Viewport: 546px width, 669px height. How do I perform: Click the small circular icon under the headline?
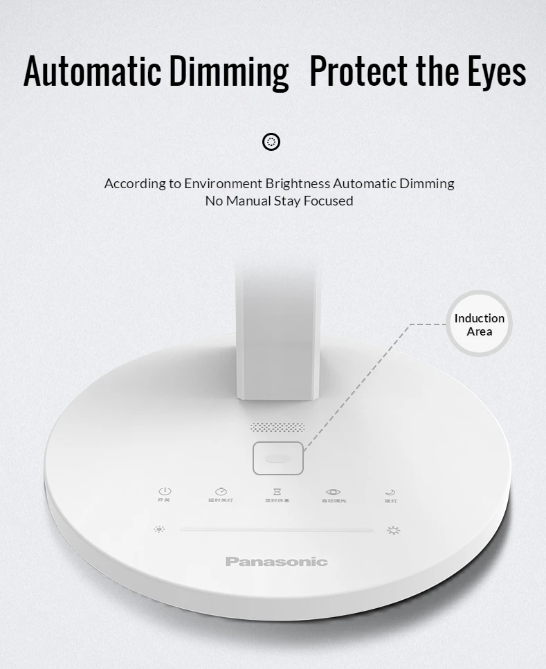272,142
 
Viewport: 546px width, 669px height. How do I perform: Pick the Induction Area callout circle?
479,324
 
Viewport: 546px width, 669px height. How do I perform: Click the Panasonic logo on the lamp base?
276,562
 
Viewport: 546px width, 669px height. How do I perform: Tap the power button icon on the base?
164,491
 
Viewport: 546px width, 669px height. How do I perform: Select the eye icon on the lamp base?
334,491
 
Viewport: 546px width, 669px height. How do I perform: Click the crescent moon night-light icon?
390,492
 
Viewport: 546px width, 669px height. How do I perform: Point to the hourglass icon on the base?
277,491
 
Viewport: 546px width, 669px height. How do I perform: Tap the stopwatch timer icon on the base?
221,491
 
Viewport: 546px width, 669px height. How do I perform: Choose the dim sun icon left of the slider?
160,530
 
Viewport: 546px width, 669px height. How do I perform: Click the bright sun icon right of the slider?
394,531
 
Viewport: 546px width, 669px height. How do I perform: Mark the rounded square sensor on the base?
278,458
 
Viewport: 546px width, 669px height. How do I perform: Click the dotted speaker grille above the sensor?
277,428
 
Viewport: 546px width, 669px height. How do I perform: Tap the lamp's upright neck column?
277,332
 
